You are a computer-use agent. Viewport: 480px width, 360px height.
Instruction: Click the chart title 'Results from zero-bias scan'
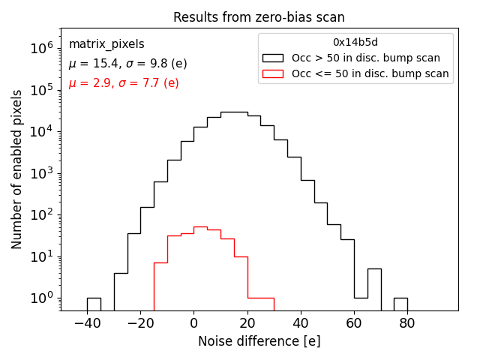point(259,17)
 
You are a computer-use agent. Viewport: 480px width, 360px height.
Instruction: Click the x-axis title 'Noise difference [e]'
point(259,341)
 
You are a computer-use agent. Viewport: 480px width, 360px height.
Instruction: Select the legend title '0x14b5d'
point(355,43)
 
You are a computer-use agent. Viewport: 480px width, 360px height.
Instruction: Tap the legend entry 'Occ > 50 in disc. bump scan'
point(365,58)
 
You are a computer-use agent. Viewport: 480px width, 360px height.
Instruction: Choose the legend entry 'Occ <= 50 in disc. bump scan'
point(370,73)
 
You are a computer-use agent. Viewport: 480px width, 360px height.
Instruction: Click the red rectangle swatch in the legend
point(272,73)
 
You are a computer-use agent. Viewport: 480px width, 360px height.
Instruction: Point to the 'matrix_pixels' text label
point(106,44)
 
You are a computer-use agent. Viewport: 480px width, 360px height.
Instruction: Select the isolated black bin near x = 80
point(400,304)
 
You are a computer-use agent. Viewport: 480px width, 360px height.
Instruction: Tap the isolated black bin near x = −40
point(94,304)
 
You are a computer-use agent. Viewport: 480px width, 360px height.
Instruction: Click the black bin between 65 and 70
point(374,289)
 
